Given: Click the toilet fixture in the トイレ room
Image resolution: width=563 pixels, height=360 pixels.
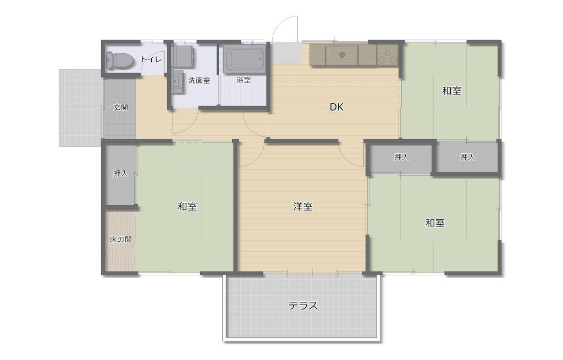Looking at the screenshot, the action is coord(119,60).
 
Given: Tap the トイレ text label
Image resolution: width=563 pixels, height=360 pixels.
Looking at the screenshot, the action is coord(151,59).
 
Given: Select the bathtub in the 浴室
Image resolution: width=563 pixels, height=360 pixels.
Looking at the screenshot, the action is coord(244,59).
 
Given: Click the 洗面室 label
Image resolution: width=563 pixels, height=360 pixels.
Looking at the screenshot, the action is coord(199,80).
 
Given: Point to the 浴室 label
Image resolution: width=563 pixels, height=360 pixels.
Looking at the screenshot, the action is coord(244,80).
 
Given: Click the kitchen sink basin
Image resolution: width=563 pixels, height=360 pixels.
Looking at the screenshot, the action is coord(342,54).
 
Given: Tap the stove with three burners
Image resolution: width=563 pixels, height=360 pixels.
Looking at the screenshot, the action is coord(388,56).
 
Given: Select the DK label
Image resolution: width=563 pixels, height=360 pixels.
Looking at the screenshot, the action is coord(336,107).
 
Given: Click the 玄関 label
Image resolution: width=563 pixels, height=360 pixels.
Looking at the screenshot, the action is coord(120,107).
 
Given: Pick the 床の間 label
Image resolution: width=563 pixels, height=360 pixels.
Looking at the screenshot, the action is coord(120,240).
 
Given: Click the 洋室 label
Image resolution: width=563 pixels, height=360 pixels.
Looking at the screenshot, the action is coord(303,206).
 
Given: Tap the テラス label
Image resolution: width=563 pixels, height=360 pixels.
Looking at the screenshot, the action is coord(303,306).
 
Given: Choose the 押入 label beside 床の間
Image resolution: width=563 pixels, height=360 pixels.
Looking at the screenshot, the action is coord(120,173).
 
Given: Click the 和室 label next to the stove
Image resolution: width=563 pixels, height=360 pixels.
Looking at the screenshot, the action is coord(451,91).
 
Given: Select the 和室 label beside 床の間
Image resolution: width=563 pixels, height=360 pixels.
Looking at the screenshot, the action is coord(187,206).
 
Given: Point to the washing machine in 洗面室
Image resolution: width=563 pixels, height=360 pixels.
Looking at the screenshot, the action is coord(183,56).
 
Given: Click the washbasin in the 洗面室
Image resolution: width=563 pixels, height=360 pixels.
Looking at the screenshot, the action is coord(178,82).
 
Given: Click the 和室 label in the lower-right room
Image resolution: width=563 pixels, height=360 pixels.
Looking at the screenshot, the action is coord(435,223).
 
